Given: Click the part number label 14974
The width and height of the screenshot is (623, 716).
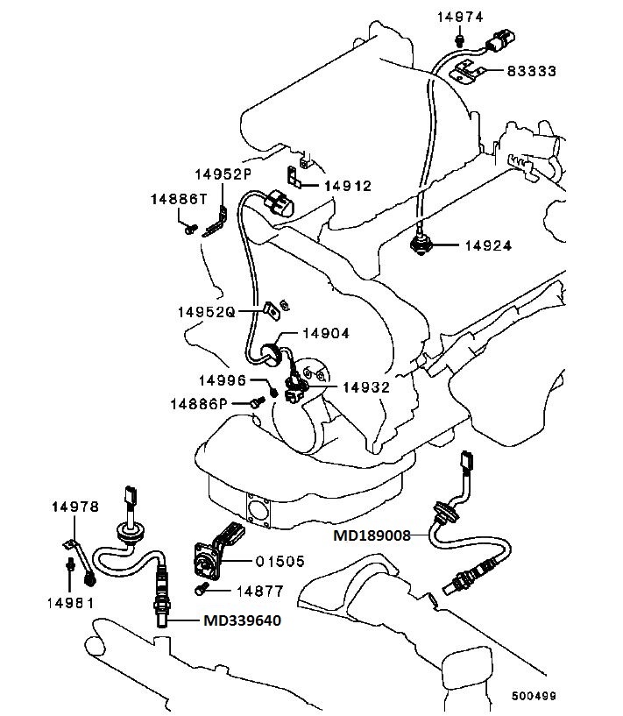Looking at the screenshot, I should [x=459, y=17].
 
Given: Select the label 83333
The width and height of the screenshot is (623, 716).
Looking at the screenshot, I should [x=531, y=70].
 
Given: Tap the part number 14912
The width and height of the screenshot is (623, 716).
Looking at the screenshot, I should [x=348, y=186].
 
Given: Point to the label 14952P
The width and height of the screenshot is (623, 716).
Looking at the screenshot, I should [x=223, y=174].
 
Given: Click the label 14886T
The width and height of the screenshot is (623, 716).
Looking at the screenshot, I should [x=178, y=199].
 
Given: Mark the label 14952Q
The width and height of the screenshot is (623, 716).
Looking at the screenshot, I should [x=206, y=311].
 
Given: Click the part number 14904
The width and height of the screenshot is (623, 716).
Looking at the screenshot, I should [x=326, y=333].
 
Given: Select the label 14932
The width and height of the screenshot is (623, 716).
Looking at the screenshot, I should [x=366, y=386].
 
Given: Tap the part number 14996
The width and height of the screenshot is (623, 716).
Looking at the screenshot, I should [x=223, y=379].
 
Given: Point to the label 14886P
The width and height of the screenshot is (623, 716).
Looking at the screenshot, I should [x=199, y=403].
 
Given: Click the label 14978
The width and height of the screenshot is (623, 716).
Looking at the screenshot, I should [x=74, y=507].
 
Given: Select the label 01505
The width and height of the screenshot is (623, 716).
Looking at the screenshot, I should [x=280, y=561].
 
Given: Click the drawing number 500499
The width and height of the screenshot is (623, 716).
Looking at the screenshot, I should [x=534, y=697].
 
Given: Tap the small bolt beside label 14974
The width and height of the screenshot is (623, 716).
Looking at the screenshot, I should [x=459, y=40].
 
